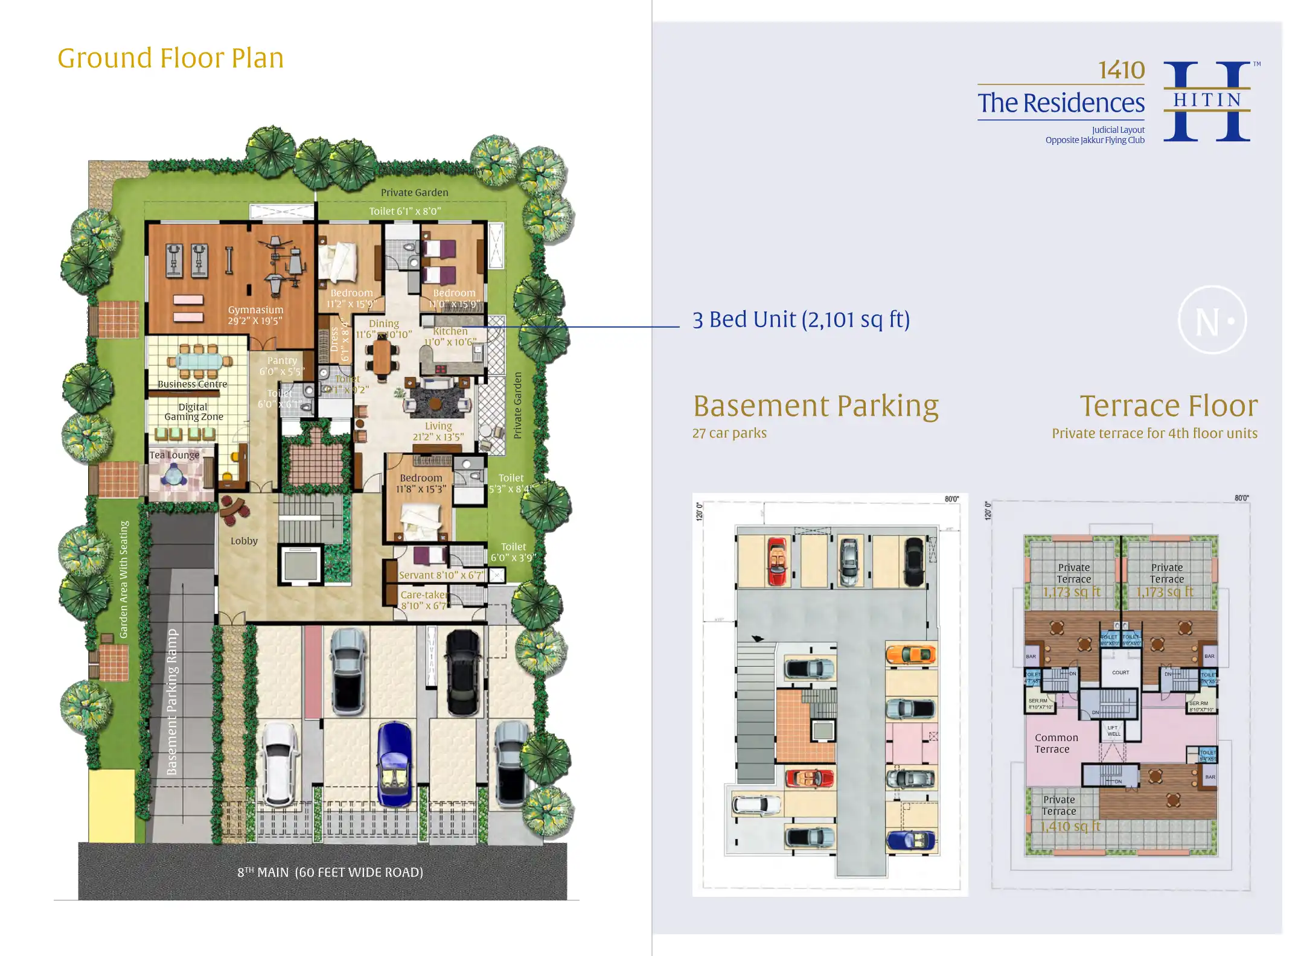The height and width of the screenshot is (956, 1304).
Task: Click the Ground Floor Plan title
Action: (170, 59)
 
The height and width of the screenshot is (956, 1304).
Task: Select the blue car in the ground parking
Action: (394, 765)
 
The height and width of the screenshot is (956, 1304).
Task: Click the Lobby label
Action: (244, 541)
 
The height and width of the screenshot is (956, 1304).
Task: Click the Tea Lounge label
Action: (174, 455)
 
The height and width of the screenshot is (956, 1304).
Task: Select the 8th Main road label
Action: (330, 872)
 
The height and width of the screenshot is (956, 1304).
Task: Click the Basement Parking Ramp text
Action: (172, 702)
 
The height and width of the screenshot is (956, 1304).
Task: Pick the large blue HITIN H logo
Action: (1207, 101)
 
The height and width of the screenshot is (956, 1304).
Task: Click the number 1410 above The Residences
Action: (1121, 71)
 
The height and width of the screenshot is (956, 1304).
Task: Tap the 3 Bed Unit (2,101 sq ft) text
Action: (801, 319)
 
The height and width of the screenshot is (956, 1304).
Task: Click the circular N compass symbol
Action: (1212, 320)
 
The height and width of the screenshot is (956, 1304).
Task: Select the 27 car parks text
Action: (729, 433)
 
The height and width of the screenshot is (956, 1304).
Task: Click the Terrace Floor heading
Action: (1168, 406)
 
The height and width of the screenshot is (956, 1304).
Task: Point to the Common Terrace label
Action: (1056, 744)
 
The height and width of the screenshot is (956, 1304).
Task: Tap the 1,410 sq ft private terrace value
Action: (1070, 826)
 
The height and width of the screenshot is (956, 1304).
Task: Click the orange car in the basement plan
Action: (911, 654)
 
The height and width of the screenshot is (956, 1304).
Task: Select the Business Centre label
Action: (192, 384)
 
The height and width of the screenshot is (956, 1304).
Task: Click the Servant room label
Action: (441, 575)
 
